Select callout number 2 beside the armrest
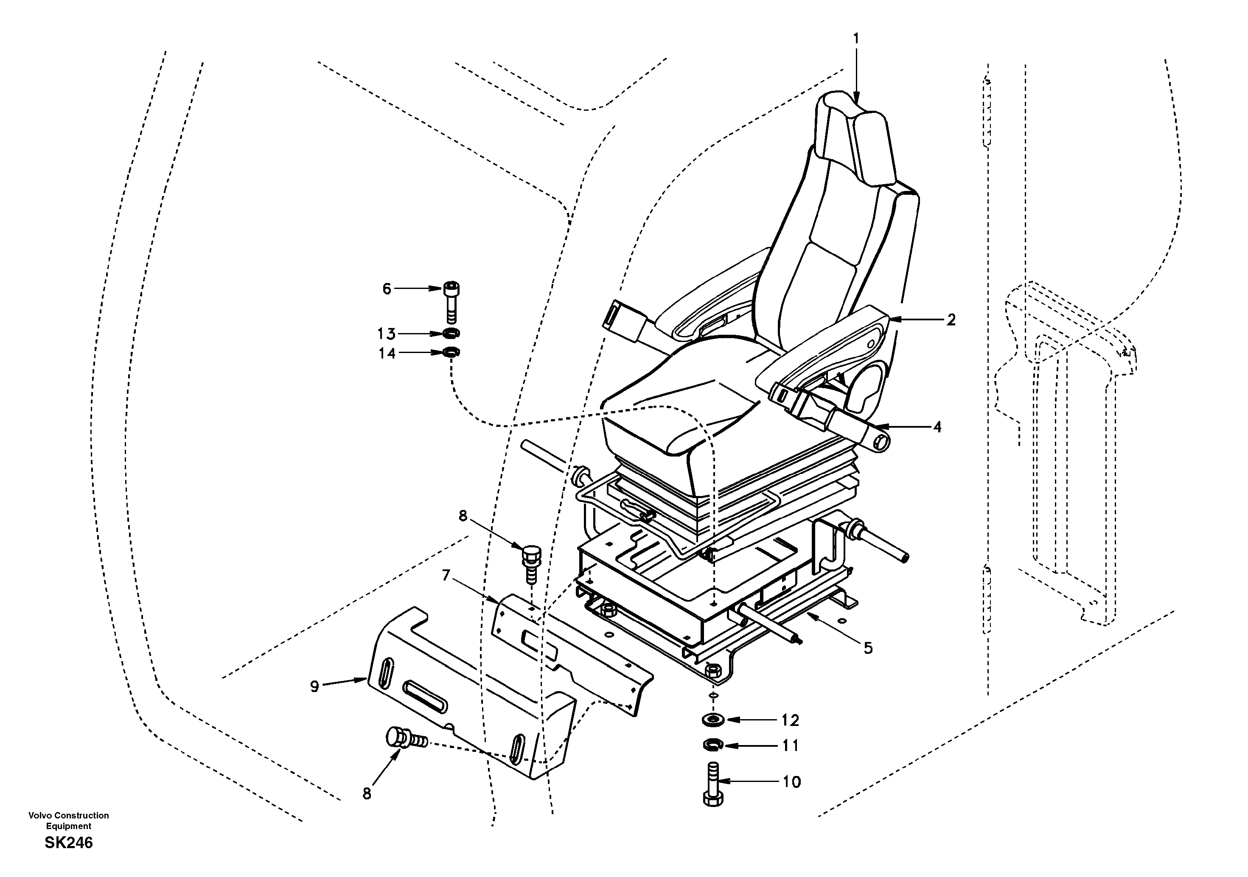click(x=951, y=320)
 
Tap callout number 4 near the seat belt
click(x=937, y=427)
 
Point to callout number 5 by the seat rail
click(x=868, y=648)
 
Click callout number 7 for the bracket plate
click(x=446, y=575)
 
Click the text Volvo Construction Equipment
click(x=68, y=821)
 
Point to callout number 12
click(x=790, y=720)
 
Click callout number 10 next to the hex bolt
click(x=792, y=782)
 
